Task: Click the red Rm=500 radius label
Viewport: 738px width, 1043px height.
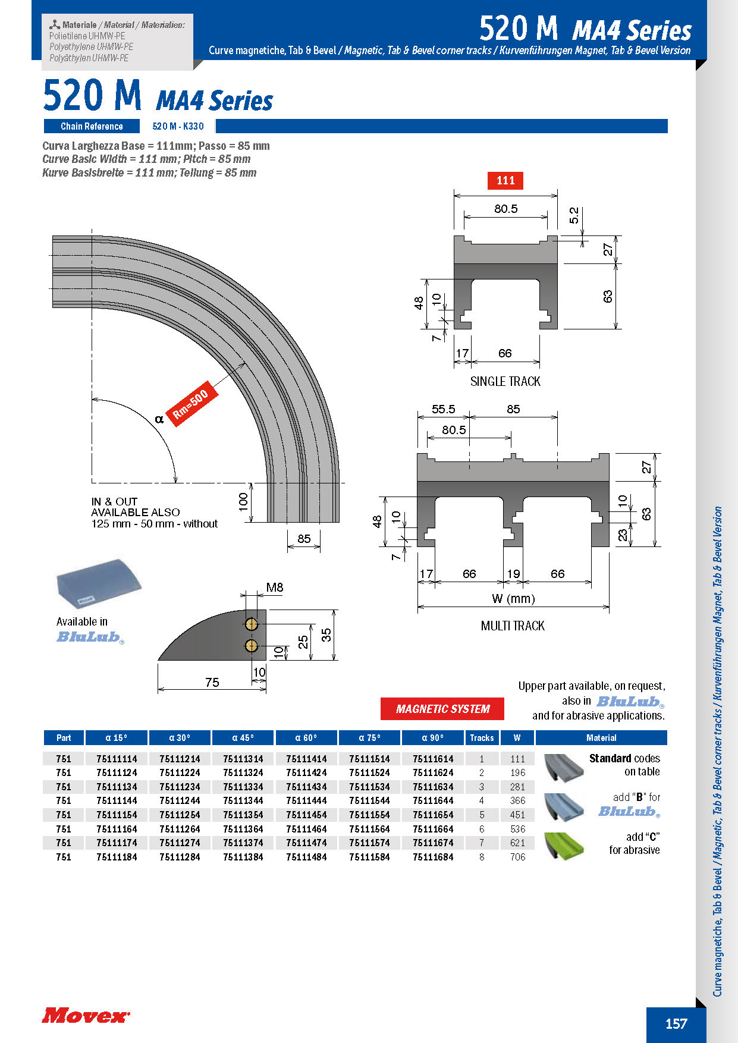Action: (x=190, y=404)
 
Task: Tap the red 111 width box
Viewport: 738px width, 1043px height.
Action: (x=505, y=180)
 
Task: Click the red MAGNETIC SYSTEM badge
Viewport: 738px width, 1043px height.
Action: (x=442, y=709)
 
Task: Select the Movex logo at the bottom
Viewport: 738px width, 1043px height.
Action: (x=85, y=1015)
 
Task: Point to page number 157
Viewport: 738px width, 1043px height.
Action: (x=676, y=1023)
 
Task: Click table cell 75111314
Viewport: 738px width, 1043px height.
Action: (x=243, y=759)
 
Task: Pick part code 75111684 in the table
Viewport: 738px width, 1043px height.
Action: (x=433, y=857)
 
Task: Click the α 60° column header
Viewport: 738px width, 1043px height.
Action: (x=306, y=738)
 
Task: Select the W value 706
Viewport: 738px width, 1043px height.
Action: (x=517, y=857)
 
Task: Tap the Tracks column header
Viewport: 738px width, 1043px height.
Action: (x=482, y=738)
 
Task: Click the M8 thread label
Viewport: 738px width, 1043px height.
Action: (x=274, y=588)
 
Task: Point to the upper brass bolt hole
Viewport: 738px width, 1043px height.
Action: (x=251, y=624)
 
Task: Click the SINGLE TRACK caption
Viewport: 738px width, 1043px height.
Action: (x=505, y=382)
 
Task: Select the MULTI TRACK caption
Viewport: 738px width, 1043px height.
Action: (x=513, y=626)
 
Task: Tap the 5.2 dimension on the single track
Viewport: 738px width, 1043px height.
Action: (x=574, y=215)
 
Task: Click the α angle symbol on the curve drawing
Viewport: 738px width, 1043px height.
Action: (x=159, y=419)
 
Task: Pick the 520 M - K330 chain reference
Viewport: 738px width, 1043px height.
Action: (x=178, y=126)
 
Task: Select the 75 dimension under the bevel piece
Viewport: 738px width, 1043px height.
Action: (x=212, y=682)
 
